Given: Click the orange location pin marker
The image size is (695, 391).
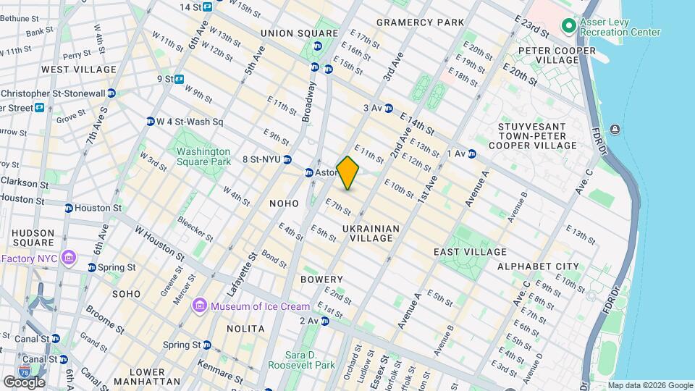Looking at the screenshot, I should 347,173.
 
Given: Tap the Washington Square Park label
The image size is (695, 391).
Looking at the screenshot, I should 203,157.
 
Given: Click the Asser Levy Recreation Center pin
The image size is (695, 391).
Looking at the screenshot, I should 568,26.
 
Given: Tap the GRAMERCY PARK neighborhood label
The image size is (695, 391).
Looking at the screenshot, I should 420,22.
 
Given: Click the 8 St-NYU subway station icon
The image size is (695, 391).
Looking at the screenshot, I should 287,160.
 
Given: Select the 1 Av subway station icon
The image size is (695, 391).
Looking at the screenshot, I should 471,154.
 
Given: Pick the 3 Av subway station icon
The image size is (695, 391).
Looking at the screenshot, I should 389,108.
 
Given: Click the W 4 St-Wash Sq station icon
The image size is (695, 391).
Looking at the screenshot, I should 151,122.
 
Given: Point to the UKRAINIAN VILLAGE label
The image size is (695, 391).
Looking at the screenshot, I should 371,233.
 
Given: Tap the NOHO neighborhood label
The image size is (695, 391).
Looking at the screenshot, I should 284,204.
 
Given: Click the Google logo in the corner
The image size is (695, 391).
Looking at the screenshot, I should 24,382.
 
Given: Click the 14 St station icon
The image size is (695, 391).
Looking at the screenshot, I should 207,7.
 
